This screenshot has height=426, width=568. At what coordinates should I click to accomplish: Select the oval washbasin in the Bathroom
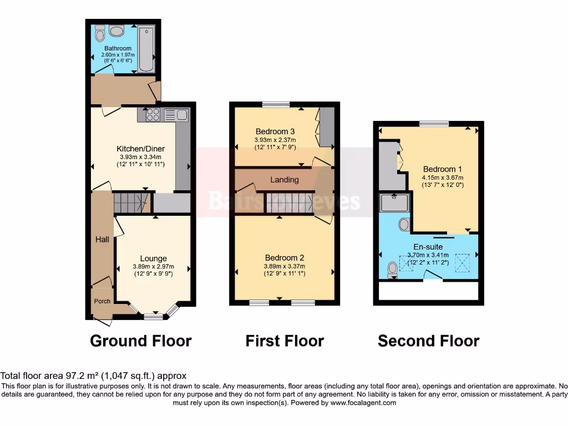point(117,31)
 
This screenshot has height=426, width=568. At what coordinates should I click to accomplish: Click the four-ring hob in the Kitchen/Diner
point(153,115)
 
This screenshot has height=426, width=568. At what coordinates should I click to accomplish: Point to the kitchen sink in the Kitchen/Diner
point(176,115)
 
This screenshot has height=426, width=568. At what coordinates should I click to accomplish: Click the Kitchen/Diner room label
point(140,149)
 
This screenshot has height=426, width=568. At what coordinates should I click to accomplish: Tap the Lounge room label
point(153,258)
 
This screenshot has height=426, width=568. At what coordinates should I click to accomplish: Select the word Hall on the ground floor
point(102,240)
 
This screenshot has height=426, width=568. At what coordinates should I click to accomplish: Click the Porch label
point(102,301)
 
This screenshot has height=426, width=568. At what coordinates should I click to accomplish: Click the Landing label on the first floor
point(284,180)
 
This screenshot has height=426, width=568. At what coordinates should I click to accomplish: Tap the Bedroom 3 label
point(275,131)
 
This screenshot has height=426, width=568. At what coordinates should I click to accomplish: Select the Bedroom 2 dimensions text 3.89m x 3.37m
point(284,266)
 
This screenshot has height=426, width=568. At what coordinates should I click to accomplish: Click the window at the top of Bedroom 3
point(276,104)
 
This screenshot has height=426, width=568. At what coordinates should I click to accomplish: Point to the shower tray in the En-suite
point(394,203)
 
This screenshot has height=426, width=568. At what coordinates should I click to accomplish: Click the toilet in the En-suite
point(393,269)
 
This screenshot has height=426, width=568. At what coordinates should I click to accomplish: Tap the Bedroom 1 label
point(442,169)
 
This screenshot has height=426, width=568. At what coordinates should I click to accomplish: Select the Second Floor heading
point(428,341)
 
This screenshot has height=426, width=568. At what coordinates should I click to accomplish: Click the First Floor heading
point(285,341)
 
